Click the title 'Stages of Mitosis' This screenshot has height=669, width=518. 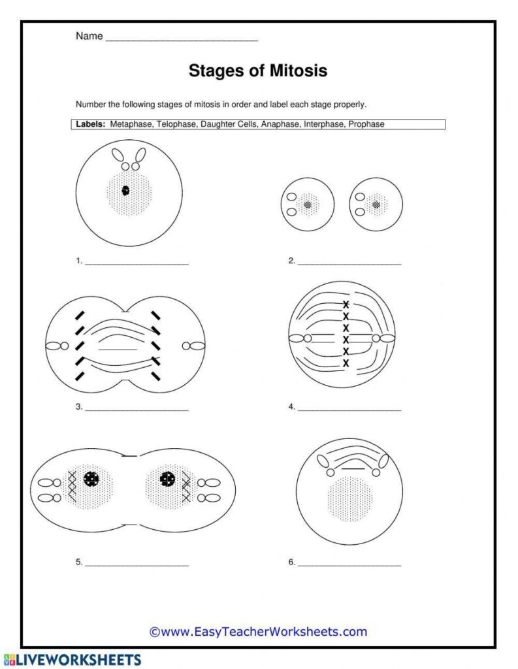click(258, 71)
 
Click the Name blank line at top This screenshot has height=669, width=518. click(182, 39)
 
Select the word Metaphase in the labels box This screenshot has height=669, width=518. click(133, 123)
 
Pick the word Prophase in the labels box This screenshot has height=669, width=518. click(366, 123)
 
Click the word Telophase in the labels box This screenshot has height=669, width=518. click(176, 123)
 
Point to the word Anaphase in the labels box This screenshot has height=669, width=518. click(279, 123)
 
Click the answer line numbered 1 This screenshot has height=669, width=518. click(137, 263)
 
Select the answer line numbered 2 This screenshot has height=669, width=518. click(349, 263)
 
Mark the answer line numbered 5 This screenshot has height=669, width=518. click(137, 563)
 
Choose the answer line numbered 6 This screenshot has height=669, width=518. click(349, 563)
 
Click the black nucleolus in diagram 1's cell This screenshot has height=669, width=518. click(125, 191)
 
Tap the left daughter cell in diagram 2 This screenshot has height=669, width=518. click(307, 204)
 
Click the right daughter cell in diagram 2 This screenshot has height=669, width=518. click(376, 204)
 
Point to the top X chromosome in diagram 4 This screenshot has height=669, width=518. click(346, 304)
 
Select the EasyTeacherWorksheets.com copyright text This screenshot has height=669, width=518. click(258, 631)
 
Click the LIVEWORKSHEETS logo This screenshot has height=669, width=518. click(71, 659)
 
